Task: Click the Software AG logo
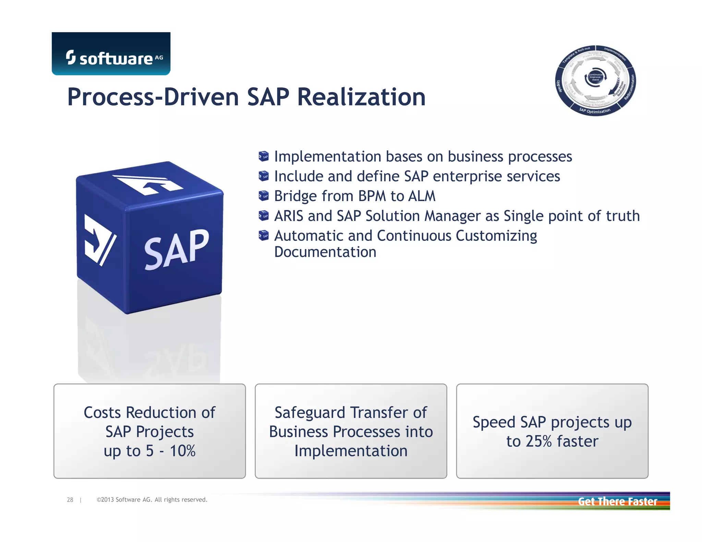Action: coord(111,54)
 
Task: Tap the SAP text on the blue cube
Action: coord(176,249)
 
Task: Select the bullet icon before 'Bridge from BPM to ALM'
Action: coord(263,196)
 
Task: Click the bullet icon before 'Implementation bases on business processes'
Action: coord(263,157)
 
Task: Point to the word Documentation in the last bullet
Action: coord(325,252)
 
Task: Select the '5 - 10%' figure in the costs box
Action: coord(170,451)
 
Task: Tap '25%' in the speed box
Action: coord(538,441)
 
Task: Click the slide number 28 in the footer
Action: coord(70,500)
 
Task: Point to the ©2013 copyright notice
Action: coord(152,500)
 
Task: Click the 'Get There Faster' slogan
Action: coord(617,502)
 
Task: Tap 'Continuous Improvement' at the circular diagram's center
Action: coord(595,77)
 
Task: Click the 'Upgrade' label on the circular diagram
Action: coord(559,86)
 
